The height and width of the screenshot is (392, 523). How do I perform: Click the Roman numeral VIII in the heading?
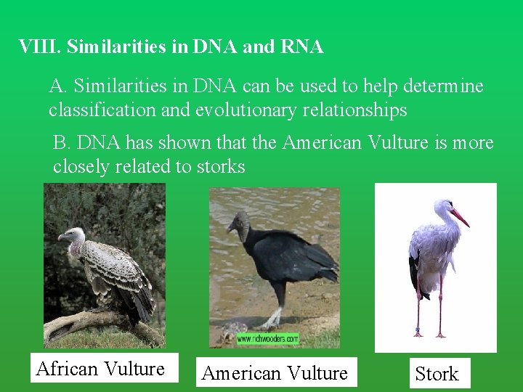pos(40,47)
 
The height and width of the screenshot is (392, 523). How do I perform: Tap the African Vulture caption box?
pos(100,369)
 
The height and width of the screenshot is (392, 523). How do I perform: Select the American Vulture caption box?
pos(275,373)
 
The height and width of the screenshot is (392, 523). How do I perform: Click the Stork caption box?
pos(437,374)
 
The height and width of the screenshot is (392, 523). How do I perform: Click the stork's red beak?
pos(459,217)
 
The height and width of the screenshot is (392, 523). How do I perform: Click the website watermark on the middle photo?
pos(267,339)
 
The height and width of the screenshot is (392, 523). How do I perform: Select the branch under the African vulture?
pos(87,322)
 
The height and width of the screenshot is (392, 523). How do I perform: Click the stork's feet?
pos(429,335)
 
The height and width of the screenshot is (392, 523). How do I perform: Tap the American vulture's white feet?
pos(272,320)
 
